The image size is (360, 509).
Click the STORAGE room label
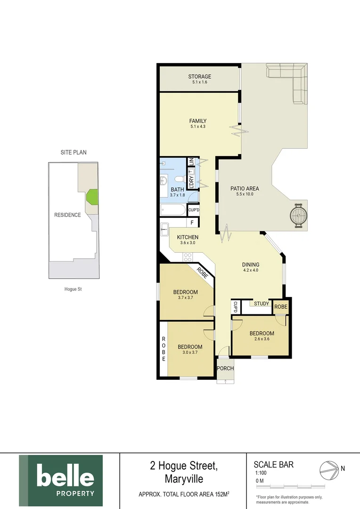pos(199,76)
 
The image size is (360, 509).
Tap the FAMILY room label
pos(198,121)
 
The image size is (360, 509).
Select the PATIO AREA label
pos(245,189)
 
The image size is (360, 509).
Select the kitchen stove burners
pos(187,257)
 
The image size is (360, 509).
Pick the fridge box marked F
pos(192,222)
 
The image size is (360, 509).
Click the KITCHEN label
pos(188,237)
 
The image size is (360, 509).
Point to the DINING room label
pos(251,264)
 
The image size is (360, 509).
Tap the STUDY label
pos(262,304)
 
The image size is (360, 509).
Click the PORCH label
pos(225,368)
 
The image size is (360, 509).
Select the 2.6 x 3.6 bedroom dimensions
pos(262,339)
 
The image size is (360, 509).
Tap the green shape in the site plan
pos(92,197)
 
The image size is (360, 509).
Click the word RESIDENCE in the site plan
pos(67,215)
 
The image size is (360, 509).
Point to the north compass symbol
pos(329,469)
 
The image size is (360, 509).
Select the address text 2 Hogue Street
pos(183,466)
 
